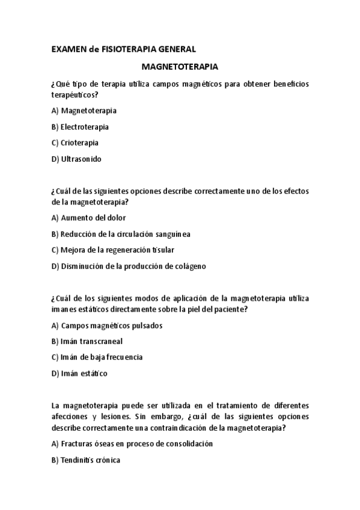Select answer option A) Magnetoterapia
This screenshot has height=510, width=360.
pyautogui.click(x=84, y=111)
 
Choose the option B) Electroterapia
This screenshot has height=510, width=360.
pyautogui.click(x=80, y=127)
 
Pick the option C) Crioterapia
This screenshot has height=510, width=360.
pyautogui.click(x=75, y=143)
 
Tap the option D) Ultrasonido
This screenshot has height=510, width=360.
pyautogui.click(x=77, y=159)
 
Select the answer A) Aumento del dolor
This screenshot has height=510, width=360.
pyautogui.click(x=89, y=218)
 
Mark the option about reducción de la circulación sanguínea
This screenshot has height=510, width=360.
pyautogui.click(x=121, y=234)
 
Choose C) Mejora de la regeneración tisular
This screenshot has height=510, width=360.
pyautogui.click(x=113, y=250)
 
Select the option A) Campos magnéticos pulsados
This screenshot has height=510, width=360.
pyautogui.click(x=107, y=325)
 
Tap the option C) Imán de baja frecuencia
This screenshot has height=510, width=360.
pyautogui.click(x=97, y=357)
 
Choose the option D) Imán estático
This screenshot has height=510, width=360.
pyautogui.click(x=80, y=373)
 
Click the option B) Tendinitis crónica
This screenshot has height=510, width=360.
pyautogui.click(x=86, y=460)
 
